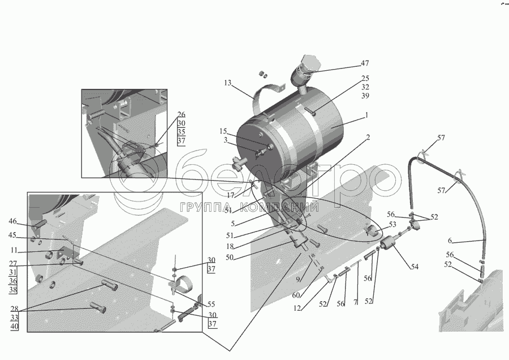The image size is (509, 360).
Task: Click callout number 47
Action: point(365,63)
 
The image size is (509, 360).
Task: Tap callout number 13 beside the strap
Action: point(227,83)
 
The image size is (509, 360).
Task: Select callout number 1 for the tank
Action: point(366,115)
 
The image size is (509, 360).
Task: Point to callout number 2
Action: point(368,138)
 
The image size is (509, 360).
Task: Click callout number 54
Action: point(415,267)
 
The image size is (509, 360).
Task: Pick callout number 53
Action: point(392,224)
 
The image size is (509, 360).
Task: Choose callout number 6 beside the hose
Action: point(450,241)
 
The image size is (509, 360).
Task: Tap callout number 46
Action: point(12,221)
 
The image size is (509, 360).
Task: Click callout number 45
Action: point(12,235)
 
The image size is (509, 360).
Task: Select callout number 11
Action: point(14,251)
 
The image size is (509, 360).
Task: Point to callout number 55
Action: point(211,304)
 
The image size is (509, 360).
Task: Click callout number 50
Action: point(230,258)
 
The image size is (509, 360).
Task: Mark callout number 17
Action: point(231,195)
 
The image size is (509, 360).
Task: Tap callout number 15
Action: point(223,131)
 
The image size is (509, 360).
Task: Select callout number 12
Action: point(297,308)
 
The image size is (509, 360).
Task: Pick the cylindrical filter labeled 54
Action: point(387,244)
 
